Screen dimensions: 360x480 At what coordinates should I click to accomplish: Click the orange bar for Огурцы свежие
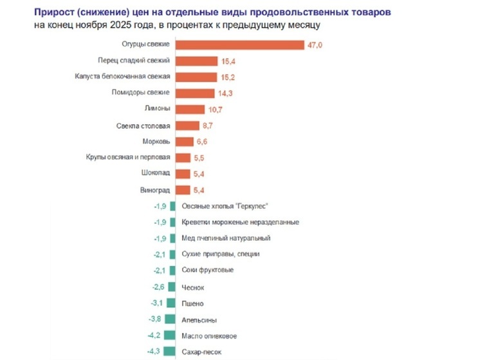(239, 44)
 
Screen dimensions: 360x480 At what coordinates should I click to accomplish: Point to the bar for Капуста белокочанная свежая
(196, 77)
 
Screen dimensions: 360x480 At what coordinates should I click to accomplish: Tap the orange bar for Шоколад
(183, 174)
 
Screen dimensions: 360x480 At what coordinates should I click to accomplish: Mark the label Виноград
(155, 190)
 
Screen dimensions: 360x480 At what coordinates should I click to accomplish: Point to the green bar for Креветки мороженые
(172, 222)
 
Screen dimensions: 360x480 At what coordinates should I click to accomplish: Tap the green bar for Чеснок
(171, 287)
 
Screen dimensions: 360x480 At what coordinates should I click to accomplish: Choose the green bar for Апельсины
(169, 319)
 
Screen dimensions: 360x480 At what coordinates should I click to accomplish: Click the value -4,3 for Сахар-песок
(155, 352)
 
